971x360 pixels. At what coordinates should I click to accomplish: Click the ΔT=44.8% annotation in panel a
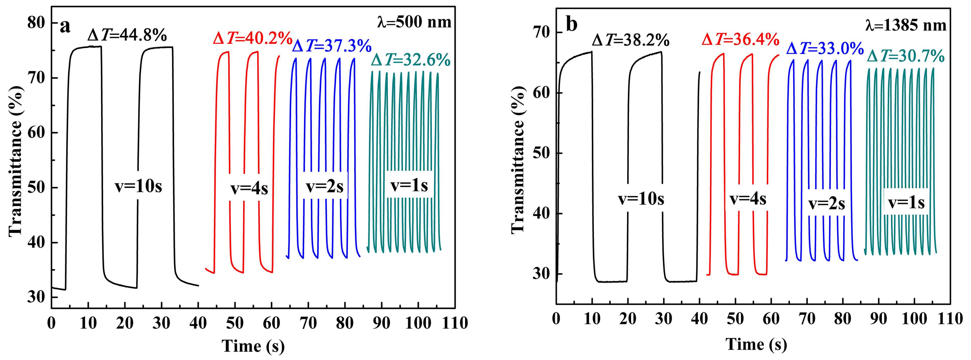(x=127, y=36)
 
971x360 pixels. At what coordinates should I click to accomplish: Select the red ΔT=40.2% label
(x=253, y=38)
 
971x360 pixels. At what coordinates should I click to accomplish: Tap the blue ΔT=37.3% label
(x=332, y=47)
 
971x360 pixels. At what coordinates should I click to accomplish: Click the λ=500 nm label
(x=414, y=23)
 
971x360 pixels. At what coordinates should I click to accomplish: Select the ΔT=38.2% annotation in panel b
(x=630, y=40)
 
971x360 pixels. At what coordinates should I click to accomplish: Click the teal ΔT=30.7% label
(x=906, y=57)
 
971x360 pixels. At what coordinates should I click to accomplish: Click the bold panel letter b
(x=572, y=25)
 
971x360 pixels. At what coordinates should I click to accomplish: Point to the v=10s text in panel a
(x=138, y=187)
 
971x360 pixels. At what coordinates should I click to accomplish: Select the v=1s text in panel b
(x=906, y=203)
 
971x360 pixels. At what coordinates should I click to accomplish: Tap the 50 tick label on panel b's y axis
(x=542, y=153)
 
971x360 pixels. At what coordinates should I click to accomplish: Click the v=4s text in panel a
(x=249, y=189)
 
